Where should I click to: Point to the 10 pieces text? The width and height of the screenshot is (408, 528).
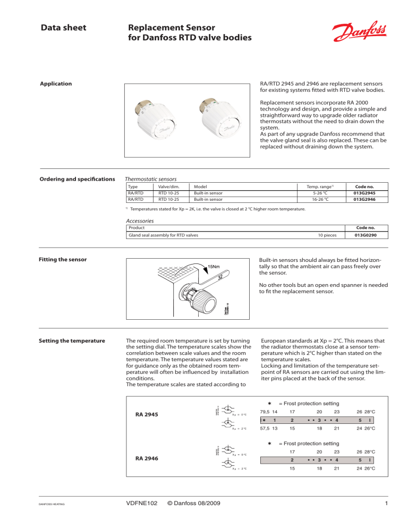[329, 234]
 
